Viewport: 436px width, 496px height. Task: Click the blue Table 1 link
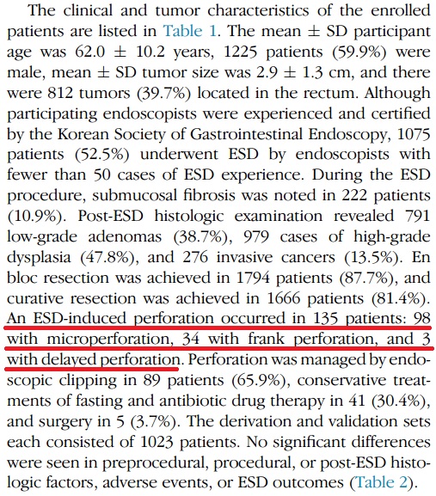pos(190,31)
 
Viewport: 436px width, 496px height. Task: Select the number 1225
pos(240,52)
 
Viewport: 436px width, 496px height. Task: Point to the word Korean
pos(83,134)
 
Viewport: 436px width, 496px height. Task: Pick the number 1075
pos(414,134)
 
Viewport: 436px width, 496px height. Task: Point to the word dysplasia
pos(39,258)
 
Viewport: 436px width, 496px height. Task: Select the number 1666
pos(284,298)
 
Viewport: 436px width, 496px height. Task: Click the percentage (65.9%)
pos(260,381)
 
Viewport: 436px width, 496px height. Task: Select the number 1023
pos(157,442)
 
